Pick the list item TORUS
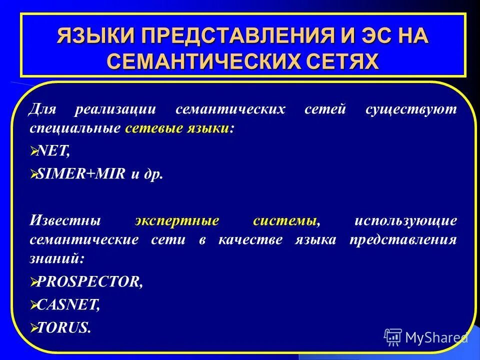tap(64, 328)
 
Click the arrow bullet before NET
tap(34, 152)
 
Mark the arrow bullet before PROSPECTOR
tap(34, 282)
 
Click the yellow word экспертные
tap(177, 220)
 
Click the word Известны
tap(65, 220)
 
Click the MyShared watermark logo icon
tap(393, 337)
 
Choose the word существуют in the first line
tap(411, 109)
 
